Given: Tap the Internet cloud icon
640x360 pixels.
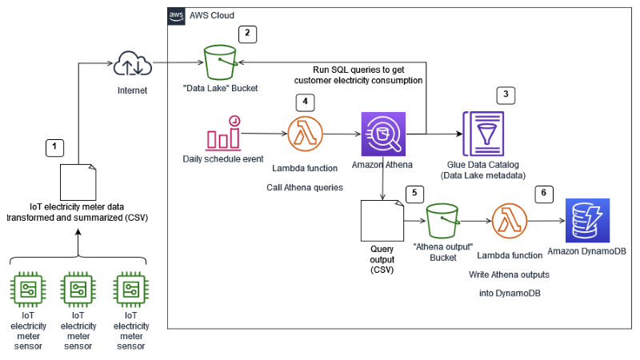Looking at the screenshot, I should (128, 63).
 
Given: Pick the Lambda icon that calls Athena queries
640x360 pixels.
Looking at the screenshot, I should (302, 134).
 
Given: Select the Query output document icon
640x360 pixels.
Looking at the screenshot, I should (381, 220).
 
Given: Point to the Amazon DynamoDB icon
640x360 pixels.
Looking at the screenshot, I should (587, 222).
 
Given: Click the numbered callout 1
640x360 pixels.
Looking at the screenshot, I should (54, 147).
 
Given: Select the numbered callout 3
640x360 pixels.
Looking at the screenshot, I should (505, 94).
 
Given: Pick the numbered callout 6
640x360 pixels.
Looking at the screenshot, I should (543, 194).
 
